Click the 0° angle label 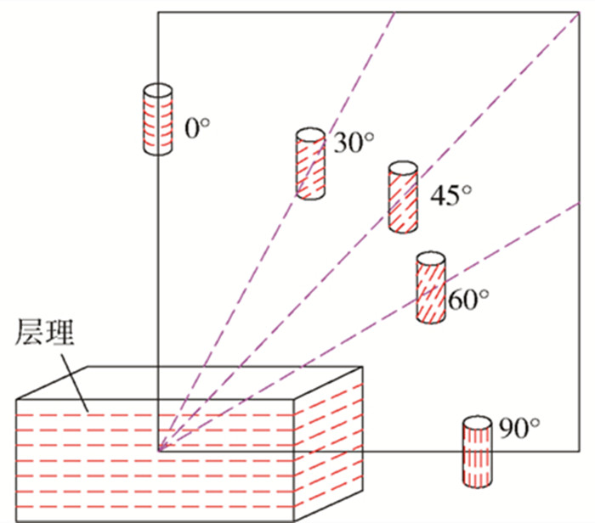196,128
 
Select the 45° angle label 450,196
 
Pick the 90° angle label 520,430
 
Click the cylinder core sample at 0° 158,120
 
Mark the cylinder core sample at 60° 430,288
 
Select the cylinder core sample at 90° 476,453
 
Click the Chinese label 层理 45,334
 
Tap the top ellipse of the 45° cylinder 403,168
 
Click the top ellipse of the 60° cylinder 430,258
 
